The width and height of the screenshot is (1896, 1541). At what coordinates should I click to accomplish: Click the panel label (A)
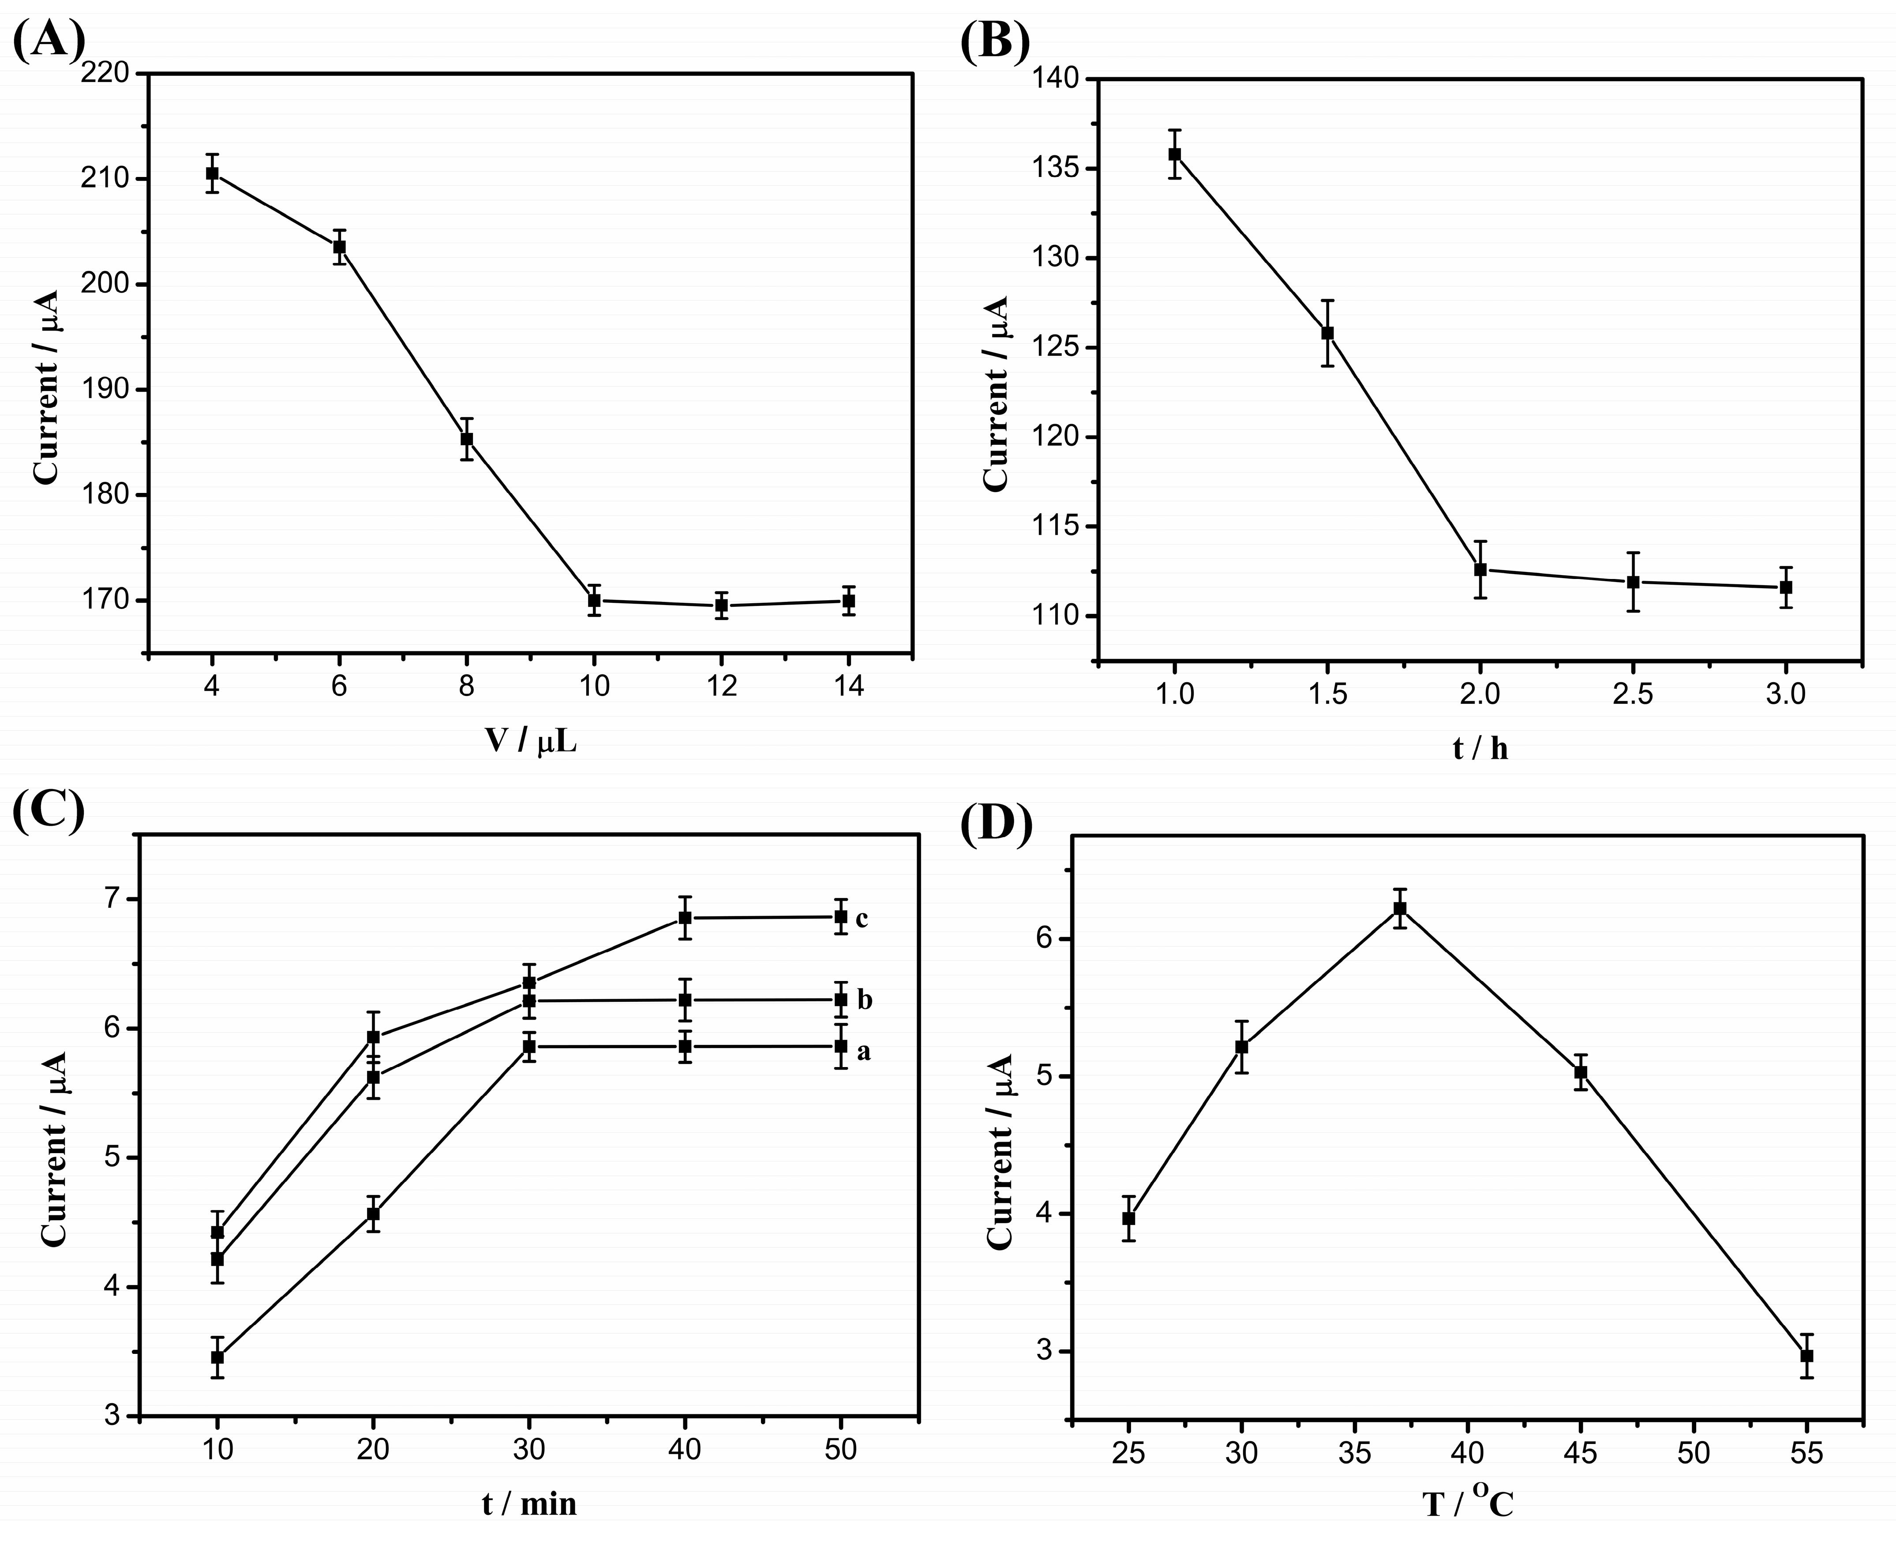pos(49,40)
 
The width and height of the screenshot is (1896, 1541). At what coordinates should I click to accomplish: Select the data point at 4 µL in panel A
pos(212,173)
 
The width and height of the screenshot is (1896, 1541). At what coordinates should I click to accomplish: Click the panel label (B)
pos(996,40)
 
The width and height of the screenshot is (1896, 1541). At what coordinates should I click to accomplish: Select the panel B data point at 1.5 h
pos(1327,333)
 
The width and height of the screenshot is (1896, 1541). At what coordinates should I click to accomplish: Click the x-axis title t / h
pos(1480,748)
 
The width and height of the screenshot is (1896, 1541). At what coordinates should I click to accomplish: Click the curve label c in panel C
pos(862,919)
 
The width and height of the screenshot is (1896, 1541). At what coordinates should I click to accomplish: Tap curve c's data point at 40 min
pos(685,918)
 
